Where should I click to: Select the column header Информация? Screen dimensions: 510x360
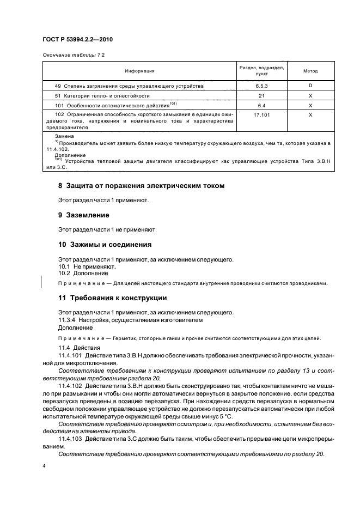[x=139, y=71]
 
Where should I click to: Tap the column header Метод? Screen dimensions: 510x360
[x=310, y=71]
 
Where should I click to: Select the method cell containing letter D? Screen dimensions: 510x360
[x=310, y=86]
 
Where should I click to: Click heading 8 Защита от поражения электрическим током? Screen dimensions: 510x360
[x=141, y=186]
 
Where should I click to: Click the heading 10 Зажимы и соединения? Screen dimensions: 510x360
[x=105, y=244]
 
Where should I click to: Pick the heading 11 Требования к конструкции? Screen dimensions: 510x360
[x=112, y=298]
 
